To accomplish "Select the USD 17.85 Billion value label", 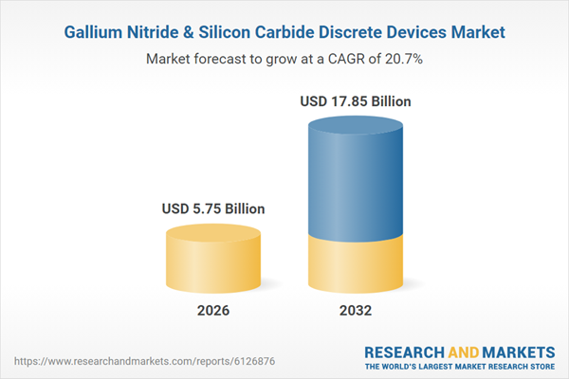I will coord(357,101).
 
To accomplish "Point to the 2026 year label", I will coord(213,311).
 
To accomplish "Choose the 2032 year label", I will coord(357,311).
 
